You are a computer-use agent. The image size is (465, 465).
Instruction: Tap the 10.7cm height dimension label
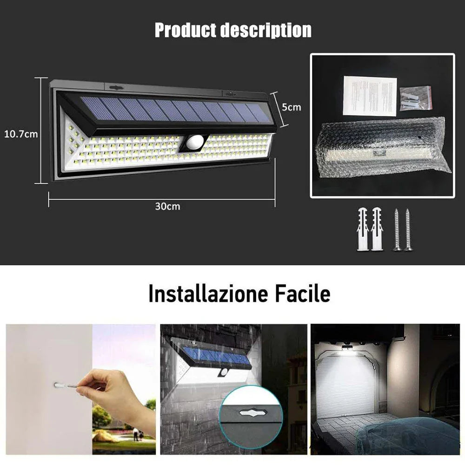click(x=21, y=134)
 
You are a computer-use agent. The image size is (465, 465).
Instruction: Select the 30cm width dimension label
click(x=167, y=206)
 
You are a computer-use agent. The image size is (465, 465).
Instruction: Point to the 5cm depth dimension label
click(x=292, y=107)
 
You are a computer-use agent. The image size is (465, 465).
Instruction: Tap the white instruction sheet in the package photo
click(x=370, y=96)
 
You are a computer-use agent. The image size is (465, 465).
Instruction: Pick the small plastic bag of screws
click(x=413, y=98)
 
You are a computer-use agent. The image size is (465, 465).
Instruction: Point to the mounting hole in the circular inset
click(x=251, y=411)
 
